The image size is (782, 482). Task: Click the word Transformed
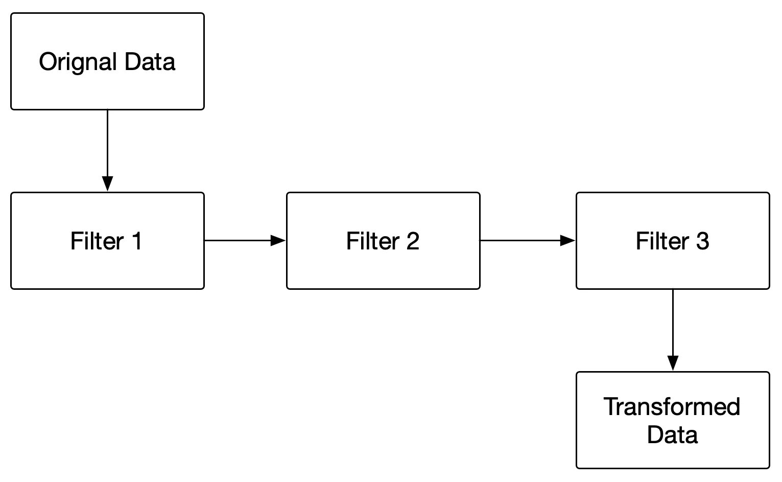pos(672,407)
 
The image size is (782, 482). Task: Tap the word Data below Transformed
pos(672,434)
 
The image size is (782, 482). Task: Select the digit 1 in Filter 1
pos(136,241)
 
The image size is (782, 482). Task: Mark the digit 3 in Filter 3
pos(702,241)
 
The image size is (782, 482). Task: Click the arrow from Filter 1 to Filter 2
pos(240,240)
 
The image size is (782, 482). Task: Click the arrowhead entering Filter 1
pos(107,184)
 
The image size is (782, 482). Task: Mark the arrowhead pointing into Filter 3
pos(568,240)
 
